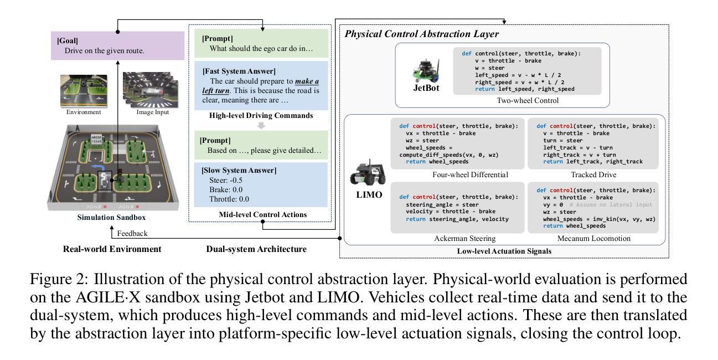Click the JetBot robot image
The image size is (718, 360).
coord(426,71)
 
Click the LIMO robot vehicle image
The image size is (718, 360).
coord(368,173)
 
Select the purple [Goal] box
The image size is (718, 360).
coord(117,45)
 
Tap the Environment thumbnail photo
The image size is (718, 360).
coord(84,91)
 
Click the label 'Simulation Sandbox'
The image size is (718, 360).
coord(111,217)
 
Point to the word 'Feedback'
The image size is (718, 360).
coord(132,233)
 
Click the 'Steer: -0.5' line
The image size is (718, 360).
coord(226,180)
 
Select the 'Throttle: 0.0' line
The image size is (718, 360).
coord(229,199)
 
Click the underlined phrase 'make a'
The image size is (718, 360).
coord(307,81)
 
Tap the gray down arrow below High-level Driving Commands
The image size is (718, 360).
coord(261,125)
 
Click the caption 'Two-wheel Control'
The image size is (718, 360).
coord(528,100)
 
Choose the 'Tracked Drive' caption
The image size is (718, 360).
coord(593,174)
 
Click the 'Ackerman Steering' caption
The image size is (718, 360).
coord(465,238)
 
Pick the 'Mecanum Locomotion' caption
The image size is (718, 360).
coord(593,238)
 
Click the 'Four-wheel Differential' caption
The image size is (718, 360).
coord(470,174)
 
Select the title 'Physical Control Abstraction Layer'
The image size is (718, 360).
coord(421,34)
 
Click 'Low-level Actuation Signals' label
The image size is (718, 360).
coord(504,251)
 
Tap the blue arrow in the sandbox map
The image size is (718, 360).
coord(98,168)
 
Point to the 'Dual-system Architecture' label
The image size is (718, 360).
coord(256,249)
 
